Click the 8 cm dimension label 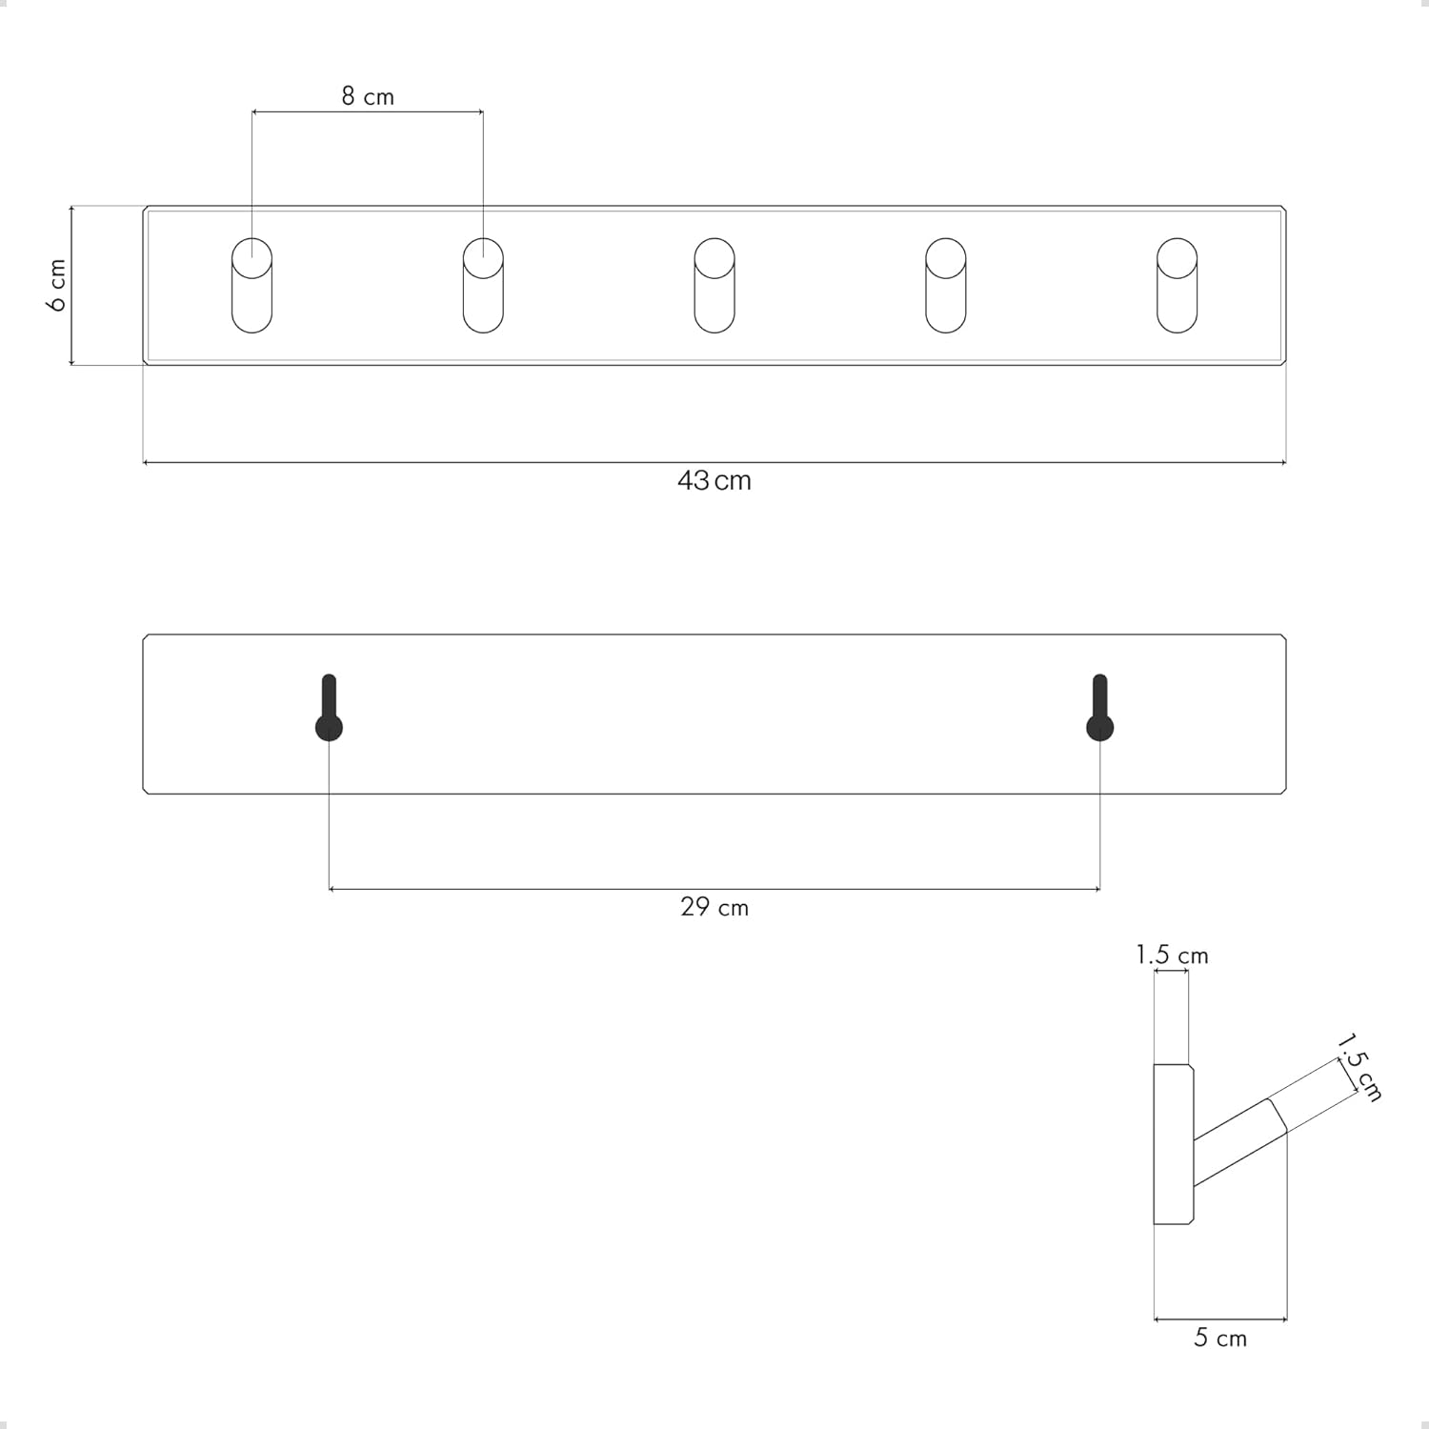coord(368,96)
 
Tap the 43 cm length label coord(714,480)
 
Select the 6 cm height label coord(57,285)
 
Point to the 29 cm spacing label coord(714,907)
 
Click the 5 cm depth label coord(1220,1338)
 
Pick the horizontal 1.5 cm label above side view coord(1172,955)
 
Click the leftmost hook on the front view coord(252,286)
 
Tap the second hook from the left coord(483,286)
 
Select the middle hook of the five coord(714,286)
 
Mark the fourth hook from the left coord(946,286)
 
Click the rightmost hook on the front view coord(1177,286)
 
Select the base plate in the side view coord(1174,1143)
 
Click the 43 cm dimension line coord(714,463)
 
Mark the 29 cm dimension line coord(714,889)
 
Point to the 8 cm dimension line coord(368,112)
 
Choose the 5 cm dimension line coord(1220,1319)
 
